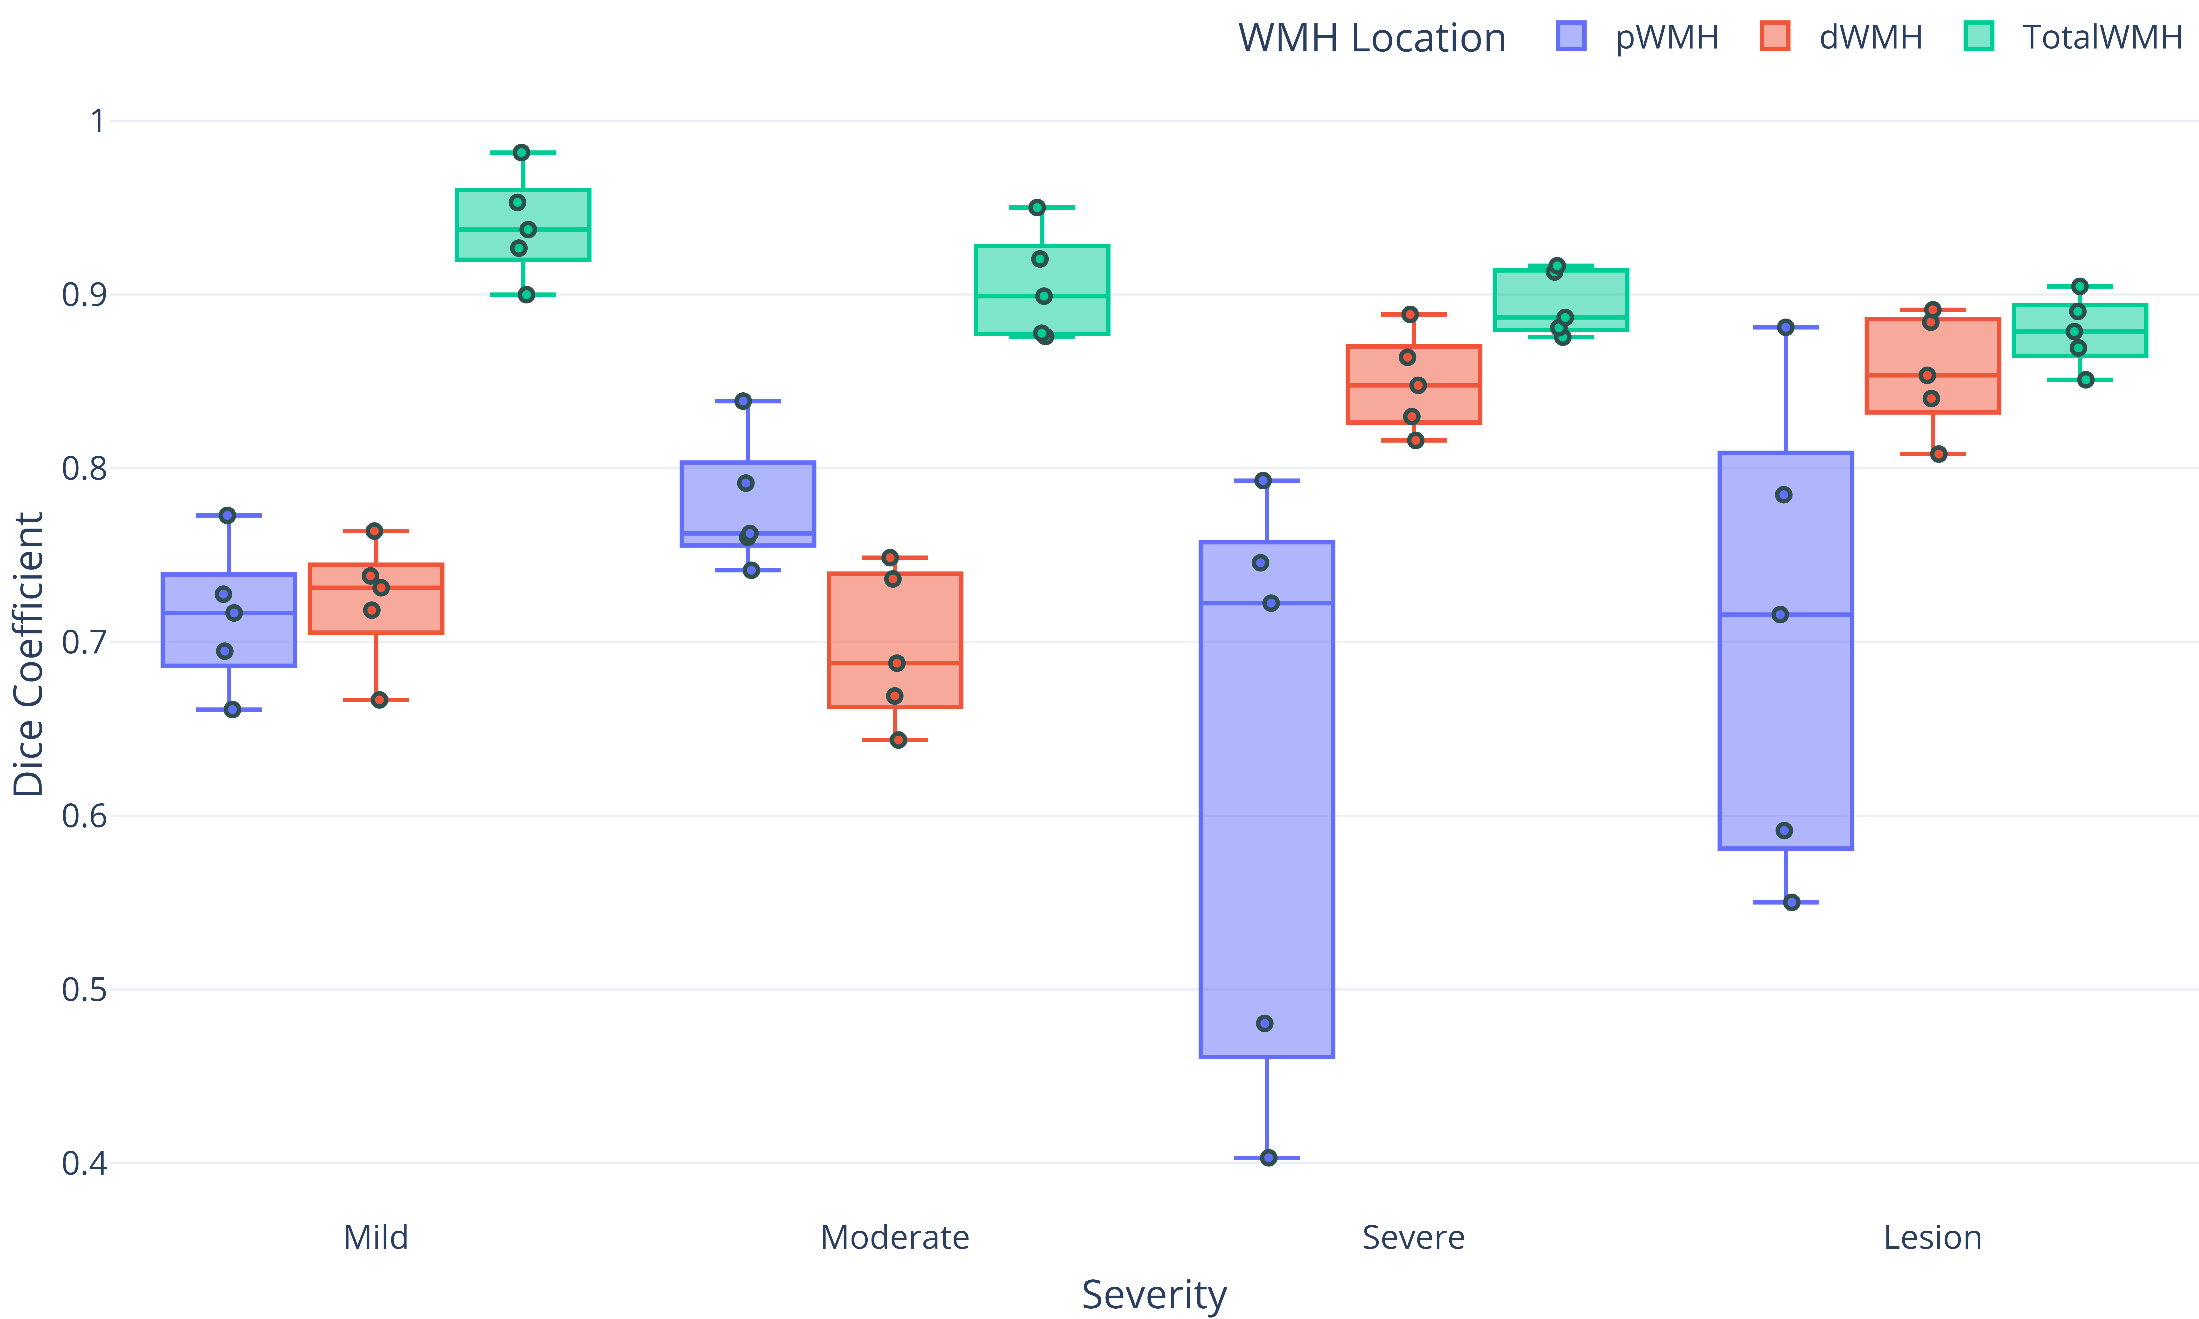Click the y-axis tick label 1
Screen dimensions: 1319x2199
click(x=98, y=121)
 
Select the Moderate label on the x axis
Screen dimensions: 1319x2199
click(x=894, y=1237)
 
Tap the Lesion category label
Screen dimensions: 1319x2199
click(x=1932, y=1237)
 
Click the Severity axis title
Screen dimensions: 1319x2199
click(x=1154, y=1294)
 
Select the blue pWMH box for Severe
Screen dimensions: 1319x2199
click(x=1267, y=800)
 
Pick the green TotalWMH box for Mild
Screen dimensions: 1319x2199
click(x=523, y=225)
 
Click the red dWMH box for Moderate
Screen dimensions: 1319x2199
click(x=894, y=640)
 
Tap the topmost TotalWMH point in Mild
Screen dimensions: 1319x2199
click(x=522, y=153)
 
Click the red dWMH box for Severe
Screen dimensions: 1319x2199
click(x=1413, y=384)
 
